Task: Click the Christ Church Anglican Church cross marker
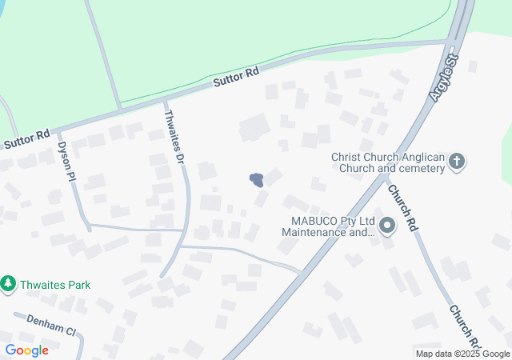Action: click(457, 162)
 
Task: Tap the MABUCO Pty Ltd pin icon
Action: click(387, 226)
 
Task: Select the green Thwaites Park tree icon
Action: click(8, 284)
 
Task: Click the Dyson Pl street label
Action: click(67, 161)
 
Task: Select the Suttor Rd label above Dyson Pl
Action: click(26, 138)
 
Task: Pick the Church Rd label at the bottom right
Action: click(467, 325)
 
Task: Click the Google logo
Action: click(26, 350)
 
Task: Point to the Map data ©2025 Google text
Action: click(462, 354)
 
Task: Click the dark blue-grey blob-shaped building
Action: click(257, 180)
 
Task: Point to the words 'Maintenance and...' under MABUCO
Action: click(327, 233)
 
